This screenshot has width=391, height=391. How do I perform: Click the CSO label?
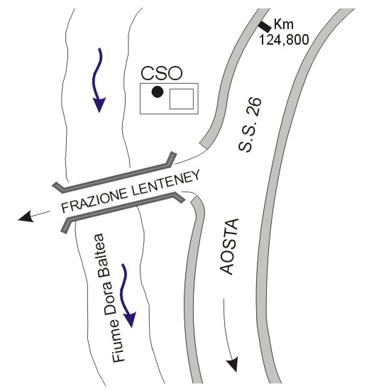tap(162, 73)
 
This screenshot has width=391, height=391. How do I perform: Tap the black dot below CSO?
tap(158, 92)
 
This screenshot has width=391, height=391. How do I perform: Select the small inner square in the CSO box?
tap(182, 99)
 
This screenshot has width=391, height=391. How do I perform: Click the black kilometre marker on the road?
tap(265, 26)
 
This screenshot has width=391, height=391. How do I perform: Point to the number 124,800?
tap(285, 40)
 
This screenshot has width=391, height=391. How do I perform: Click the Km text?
tap(284, 24)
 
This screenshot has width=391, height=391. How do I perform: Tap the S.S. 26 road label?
tap(250, 124)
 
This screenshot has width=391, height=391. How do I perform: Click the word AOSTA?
tap(229, 247)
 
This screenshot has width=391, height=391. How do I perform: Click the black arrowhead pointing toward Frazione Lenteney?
tap(26, 216)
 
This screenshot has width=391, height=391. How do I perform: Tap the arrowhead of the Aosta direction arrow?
tap(233, 365)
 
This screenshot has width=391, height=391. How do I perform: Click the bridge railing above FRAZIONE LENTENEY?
tap(114, 174)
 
